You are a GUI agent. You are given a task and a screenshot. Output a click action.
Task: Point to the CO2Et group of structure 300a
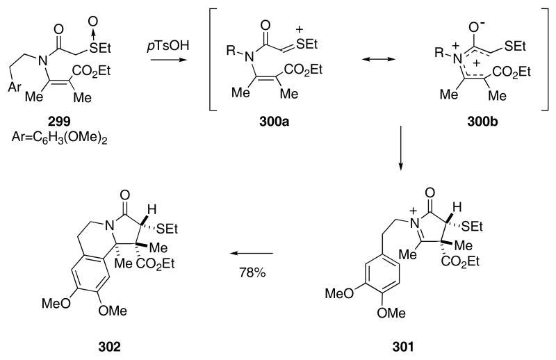pos(346,69)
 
